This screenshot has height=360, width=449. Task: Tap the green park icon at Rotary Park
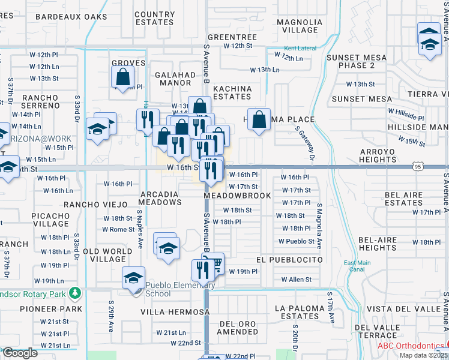pyautogui.click(x=74, y=294)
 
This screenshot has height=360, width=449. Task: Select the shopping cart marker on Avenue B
pyautogui.click(x=214, y=263)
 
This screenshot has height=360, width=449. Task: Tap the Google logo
pyautogui.click(x=19, y=353)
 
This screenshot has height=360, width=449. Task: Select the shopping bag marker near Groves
pyautogui.click(x=122, y=77)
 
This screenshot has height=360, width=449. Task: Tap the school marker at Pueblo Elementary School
pyautogui.click(x=134, y=278)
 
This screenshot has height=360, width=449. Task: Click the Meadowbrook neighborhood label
pyautogui.click(x=237, y=196)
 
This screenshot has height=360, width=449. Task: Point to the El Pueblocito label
pyautogui.click(x=289, y=260)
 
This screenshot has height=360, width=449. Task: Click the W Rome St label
pyautogui.click(x=118, y=229)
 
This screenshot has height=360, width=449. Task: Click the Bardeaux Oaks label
pyautogui.click(x=71, y=17)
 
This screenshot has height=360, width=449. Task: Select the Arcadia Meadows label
pyautogui.click(x=160, y=199)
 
